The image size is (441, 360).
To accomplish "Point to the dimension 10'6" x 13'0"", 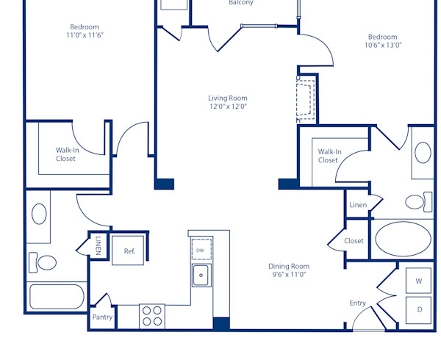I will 382,46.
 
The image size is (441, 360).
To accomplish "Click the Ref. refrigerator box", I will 129,251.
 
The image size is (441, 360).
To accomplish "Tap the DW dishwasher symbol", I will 201,249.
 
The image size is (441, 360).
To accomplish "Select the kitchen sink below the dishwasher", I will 201,276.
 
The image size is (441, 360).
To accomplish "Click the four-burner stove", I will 152,316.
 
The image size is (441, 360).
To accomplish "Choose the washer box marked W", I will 420,281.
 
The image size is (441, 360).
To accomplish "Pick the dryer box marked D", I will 420,309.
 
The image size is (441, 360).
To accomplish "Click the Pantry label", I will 102,317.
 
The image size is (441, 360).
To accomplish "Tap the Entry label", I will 357,303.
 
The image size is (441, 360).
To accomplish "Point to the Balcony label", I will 241,3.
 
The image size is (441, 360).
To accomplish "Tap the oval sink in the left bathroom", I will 39,214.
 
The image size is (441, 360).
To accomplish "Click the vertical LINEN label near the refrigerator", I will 98,245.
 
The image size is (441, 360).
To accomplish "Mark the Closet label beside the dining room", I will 354,241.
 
